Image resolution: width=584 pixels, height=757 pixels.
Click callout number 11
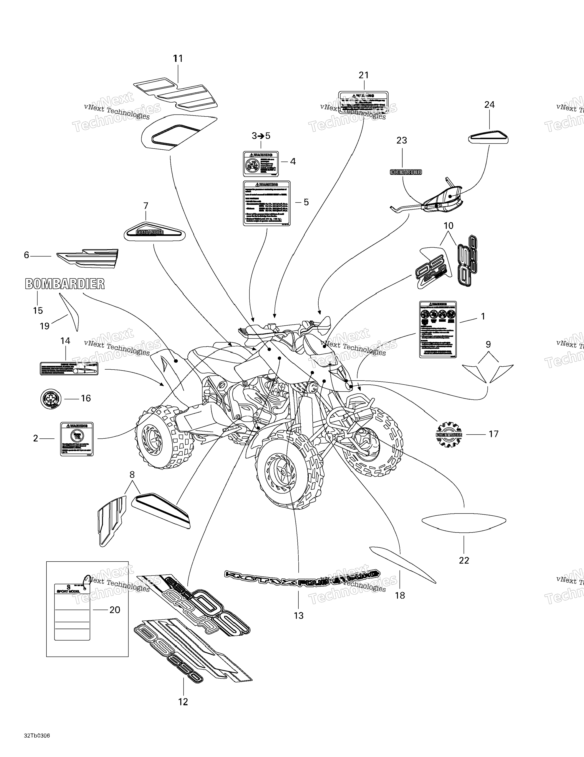click(x=178, y=59)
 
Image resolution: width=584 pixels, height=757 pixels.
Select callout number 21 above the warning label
click(x=363, y=75)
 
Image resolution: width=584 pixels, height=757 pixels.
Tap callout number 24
click(x=489, y=104)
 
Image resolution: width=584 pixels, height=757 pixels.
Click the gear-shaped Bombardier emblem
click(x=449, y=434)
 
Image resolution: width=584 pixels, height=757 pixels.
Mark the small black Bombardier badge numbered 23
click(x=406, y=172)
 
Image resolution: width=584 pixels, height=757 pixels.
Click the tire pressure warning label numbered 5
click(x=267, y=203)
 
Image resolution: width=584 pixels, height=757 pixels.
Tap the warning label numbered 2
click(x=77, y=439)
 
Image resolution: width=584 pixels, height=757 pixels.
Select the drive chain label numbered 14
click(x=69, y=368)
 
